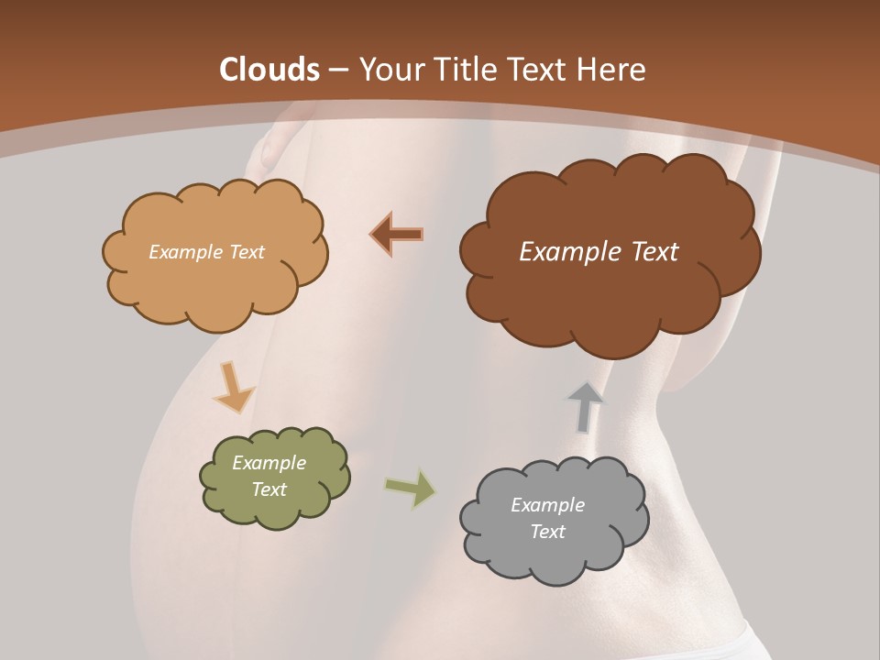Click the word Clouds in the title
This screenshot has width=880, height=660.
coord(269,70)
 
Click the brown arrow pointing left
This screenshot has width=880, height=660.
coord(397,234)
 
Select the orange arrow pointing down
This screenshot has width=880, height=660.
coord(233,386)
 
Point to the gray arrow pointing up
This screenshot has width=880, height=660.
coord(585,406)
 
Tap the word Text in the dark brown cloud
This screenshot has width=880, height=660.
coord(653,252)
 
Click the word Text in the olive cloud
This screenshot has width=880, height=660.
coord(269,489)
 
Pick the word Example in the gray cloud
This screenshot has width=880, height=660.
coord(547,505)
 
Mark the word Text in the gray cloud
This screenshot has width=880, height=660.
coord(547,532)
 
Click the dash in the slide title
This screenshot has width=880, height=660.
coord(338,70)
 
